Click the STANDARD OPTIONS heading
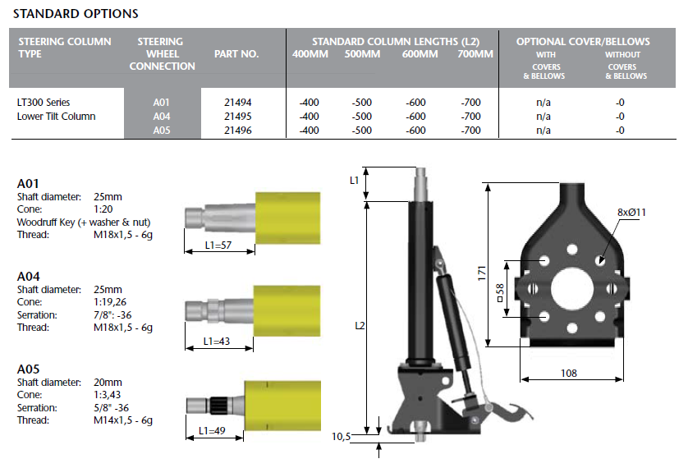point(76,14)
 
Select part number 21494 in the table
point(237,103)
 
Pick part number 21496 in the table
point(237,130)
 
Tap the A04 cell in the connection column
point(161,117)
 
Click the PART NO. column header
point(236,54)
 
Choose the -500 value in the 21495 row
point(361,117)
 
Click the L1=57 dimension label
point(217,245)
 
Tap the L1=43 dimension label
point(218,341)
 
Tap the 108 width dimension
point(568,374)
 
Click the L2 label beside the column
point(360,326)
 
